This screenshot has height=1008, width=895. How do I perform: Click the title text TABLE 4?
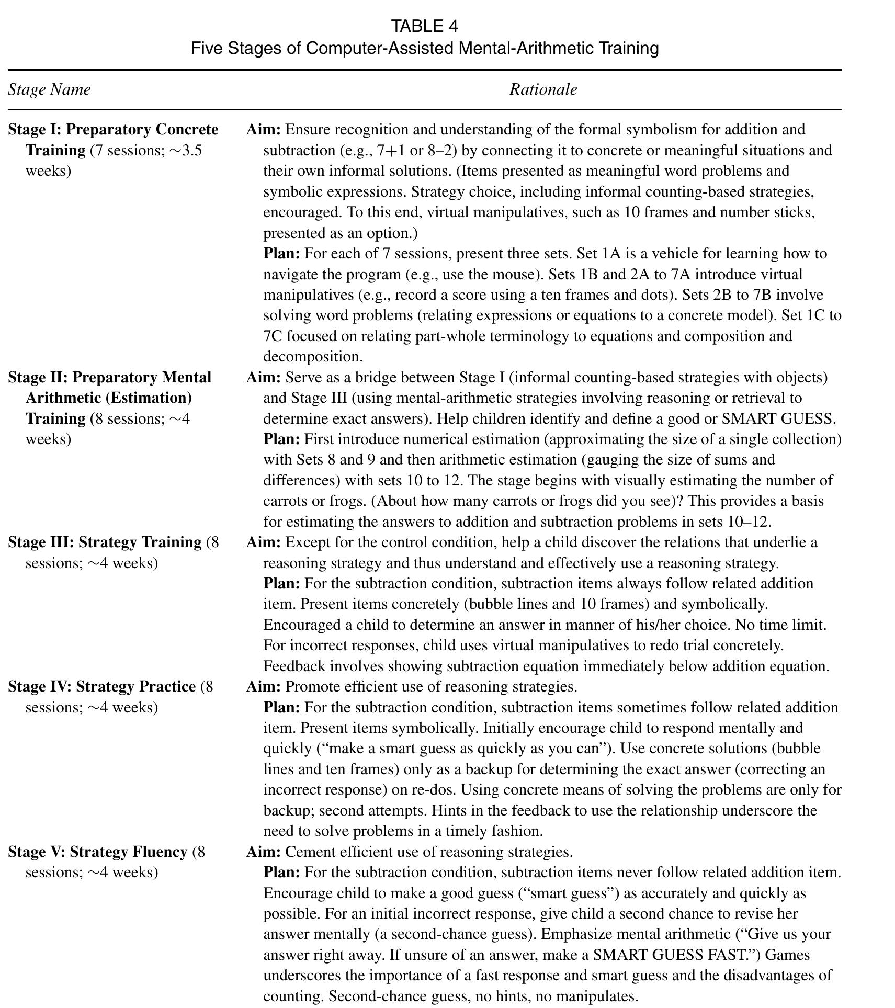pos(425,26)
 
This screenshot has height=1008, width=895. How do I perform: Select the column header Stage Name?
pos(49,89)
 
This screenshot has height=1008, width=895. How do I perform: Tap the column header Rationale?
pos(543,89)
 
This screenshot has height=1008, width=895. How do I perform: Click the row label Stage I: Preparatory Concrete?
pos(113,130)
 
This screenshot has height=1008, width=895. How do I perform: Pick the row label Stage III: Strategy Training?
pos(105,542)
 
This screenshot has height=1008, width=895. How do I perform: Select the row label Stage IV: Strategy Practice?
pos(102,687)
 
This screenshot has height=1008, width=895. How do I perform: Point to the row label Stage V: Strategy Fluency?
pos(97,852)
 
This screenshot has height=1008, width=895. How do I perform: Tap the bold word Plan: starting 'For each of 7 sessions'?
pos(281,254)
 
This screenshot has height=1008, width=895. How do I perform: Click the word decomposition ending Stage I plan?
pos(312,357)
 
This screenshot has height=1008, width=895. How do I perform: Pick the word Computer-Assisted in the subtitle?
pos(380,48)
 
